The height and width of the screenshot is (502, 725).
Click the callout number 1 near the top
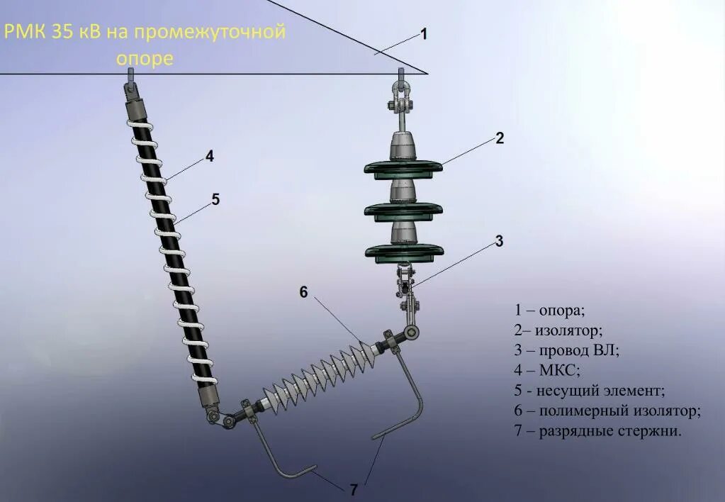pos(424,33)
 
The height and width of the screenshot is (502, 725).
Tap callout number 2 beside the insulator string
pos(500,138)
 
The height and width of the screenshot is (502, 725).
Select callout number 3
pos(499,241)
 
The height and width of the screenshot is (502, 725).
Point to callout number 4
pos(209,157)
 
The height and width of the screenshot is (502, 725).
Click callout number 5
pos(215,200)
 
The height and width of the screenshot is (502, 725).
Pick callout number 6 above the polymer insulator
pos(303,291)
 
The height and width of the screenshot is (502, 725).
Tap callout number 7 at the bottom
pos(354,489)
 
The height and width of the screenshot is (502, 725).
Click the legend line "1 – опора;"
pos(550,311)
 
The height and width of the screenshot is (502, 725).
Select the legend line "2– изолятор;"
pos(558,330)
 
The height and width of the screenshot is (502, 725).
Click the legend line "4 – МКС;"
pos(547,370)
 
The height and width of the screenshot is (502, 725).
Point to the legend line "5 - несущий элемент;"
pos(590,391)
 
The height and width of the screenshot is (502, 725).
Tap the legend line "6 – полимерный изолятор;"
pos(607,411)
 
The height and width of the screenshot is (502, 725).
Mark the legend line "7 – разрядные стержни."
pos(598,430)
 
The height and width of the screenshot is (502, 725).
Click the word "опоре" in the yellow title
pos(145,58)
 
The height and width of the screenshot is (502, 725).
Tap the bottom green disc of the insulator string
pos(404,250)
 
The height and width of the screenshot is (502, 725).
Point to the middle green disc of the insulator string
pos(403,210)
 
